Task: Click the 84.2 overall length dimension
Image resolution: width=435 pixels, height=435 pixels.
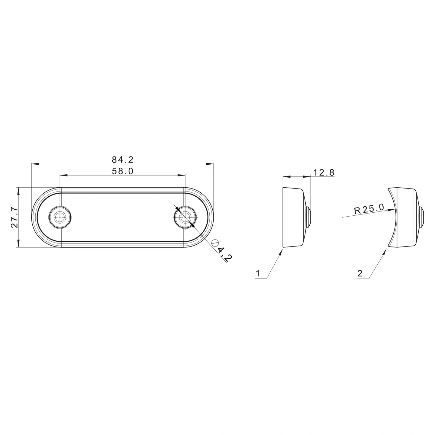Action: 123,160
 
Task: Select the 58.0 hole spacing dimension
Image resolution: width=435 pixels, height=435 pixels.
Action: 123,171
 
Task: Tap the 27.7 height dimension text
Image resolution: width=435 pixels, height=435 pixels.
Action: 14,217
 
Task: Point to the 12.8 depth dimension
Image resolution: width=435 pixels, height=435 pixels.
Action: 324,172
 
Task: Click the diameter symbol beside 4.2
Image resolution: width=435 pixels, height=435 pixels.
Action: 215,243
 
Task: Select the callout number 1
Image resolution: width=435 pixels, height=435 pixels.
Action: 258,274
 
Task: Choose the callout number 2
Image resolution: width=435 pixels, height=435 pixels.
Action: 360,274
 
